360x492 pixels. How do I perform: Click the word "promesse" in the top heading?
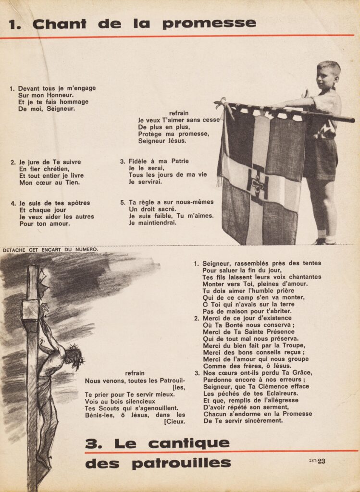coord(209,24)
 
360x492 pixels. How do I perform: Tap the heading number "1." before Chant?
coord(15,24)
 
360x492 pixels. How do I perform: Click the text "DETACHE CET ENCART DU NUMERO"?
coord(50,249)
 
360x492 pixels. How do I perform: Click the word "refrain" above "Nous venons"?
coord(135,373)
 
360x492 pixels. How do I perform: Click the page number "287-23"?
coord(317,461)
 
